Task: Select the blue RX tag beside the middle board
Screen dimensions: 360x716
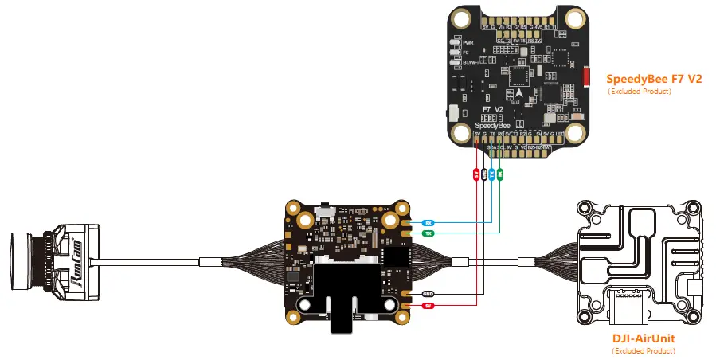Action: tap(428, 222)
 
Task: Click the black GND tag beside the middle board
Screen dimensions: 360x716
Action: tap(428, 293)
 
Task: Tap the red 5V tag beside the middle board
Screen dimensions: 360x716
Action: tap(428, 304)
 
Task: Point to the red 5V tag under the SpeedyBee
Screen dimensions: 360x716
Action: tap(475, 173)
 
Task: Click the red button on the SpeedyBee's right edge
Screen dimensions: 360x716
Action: tap(587, 78)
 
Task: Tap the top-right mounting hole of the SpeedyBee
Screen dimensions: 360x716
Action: tap(574, 18)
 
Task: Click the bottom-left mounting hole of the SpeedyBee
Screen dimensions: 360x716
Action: tap(459, 132)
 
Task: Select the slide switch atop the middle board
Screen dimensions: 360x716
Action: tap(326, 209)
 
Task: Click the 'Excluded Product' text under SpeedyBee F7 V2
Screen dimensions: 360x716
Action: tap(640, 92)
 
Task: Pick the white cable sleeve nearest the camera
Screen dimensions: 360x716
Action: tap(209, 261)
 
